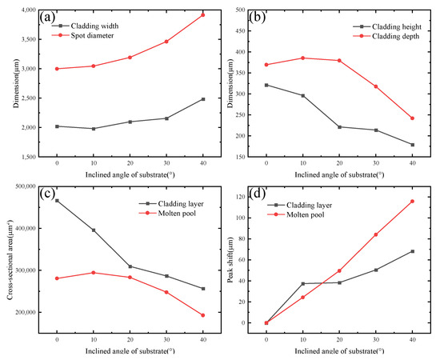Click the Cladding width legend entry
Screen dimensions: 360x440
point(92,26)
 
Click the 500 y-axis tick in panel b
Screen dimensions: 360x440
point(250,10)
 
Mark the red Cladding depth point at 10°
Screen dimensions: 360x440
point(302,58)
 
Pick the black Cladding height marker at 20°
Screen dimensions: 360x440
point(339,127)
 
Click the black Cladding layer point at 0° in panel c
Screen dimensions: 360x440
point(57,200)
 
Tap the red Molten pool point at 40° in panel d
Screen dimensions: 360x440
point(413,201)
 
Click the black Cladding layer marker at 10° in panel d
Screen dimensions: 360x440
point(302,283)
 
